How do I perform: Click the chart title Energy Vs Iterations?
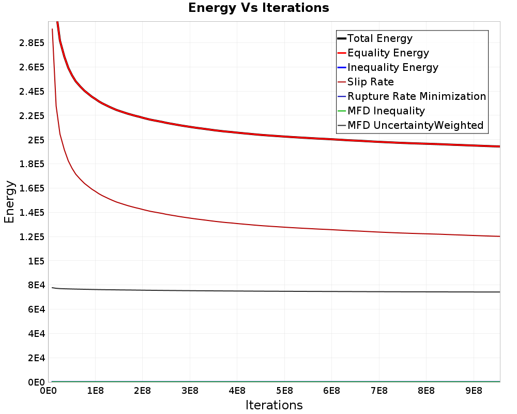258,8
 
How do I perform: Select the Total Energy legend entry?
375,38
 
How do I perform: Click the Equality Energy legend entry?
384,53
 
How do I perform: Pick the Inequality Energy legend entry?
388,67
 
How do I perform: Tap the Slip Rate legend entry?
366,82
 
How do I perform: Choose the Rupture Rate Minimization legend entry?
412,96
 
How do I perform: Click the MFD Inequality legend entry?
381,111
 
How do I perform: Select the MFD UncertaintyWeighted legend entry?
410,125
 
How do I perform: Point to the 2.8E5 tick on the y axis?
32,43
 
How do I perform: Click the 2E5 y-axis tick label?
36,140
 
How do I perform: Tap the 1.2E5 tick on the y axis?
32,236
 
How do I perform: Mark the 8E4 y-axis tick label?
36,285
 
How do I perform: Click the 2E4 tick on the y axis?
36,358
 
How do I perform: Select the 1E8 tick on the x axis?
95,391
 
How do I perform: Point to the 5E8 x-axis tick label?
284,391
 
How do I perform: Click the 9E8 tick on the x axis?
474,391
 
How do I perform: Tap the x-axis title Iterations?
274,405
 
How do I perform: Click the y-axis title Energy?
9,202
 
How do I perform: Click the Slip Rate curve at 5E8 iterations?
284,227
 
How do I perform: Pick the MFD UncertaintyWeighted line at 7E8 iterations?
379,291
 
